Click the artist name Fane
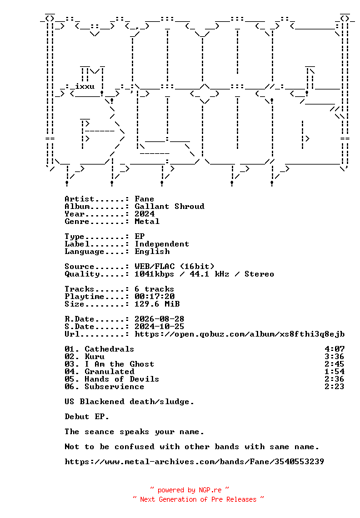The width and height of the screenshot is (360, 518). tap(144, 199)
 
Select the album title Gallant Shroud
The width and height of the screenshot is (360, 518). tap(169, 206)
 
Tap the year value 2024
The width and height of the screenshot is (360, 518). tap(144, 214)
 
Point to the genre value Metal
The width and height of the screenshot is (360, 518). tap(147, 221)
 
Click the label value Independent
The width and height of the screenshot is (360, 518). tap(162, 244)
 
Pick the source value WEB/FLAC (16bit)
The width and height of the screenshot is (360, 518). tap(174, 267)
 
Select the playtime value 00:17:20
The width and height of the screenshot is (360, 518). tap(154, 297)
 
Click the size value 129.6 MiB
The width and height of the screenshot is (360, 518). tap(157, 304)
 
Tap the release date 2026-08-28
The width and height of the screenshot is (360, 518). tap(159, 319)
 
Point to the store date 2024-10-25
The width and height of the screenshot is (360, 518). tap(159, 327)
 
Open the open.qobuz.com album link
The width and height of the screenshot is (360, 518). tap(239, 334)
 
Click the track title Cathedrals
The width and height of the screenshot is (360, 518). tap(109, 349)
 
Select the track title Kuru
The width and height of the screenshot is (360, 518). tap(94, 357)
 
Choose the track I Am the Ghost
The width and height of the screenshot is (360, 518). tap(119, 364)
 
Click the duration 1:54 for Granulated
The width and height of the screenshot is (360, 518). tap(334, 372)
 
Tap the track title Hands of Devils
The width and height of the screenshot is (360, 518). tap(122, 379)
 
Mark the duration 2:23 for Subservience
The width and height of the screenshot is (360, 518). tap(334, 387)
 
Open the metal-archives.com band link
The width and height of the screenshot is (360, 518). tap(194, 462)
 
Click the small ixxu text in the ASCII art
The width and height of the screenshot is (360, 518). tap(85, 86)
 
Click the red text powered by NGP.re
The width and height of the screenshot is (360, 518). tap(189, 490)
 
